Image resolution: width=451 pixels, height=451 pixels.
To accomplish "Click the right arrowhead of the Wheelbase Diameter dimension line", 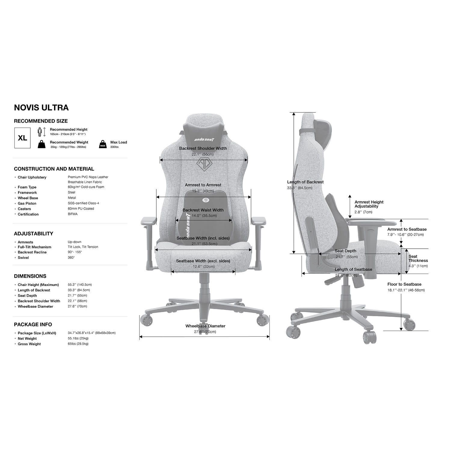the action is (268, 337).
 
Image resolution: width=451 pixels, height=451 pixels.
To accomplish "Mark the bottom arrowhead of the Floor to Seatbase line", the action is (401, 329).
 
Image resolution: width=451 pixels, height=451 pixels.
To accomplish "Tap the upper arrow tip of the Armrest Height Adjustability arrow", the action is (350, 196).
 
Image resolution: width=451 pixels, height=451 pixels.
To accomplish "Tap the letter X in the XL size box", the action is (20, 138).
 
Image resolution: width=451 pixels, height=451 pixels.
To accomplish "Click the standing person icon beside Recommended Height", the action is (39, 132).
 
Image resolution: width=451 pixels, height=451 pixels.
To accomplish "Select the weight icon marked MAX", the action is (103, 144).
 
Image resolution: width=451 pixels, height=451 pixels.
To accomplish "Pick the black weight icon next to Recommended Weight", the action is (41, 144).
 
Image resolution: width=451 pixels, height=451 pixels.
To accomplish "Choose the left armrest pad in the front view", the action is (149, 221).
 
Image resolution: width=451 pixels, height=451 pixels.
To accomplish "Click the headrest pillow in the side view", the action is (323, 130).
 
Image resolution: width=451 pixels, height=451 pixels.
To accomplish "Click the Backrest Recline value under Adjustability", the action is (75, 252).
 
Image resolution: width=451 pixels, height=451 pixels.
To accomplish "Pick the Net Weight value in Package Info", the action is (78, 339).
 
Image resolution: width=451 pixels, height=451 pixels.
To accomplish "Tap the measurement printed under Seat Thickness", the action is (418, 266).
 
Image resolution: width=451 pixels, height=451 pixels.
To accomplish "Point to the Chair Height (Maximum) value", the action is (80, 284).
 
